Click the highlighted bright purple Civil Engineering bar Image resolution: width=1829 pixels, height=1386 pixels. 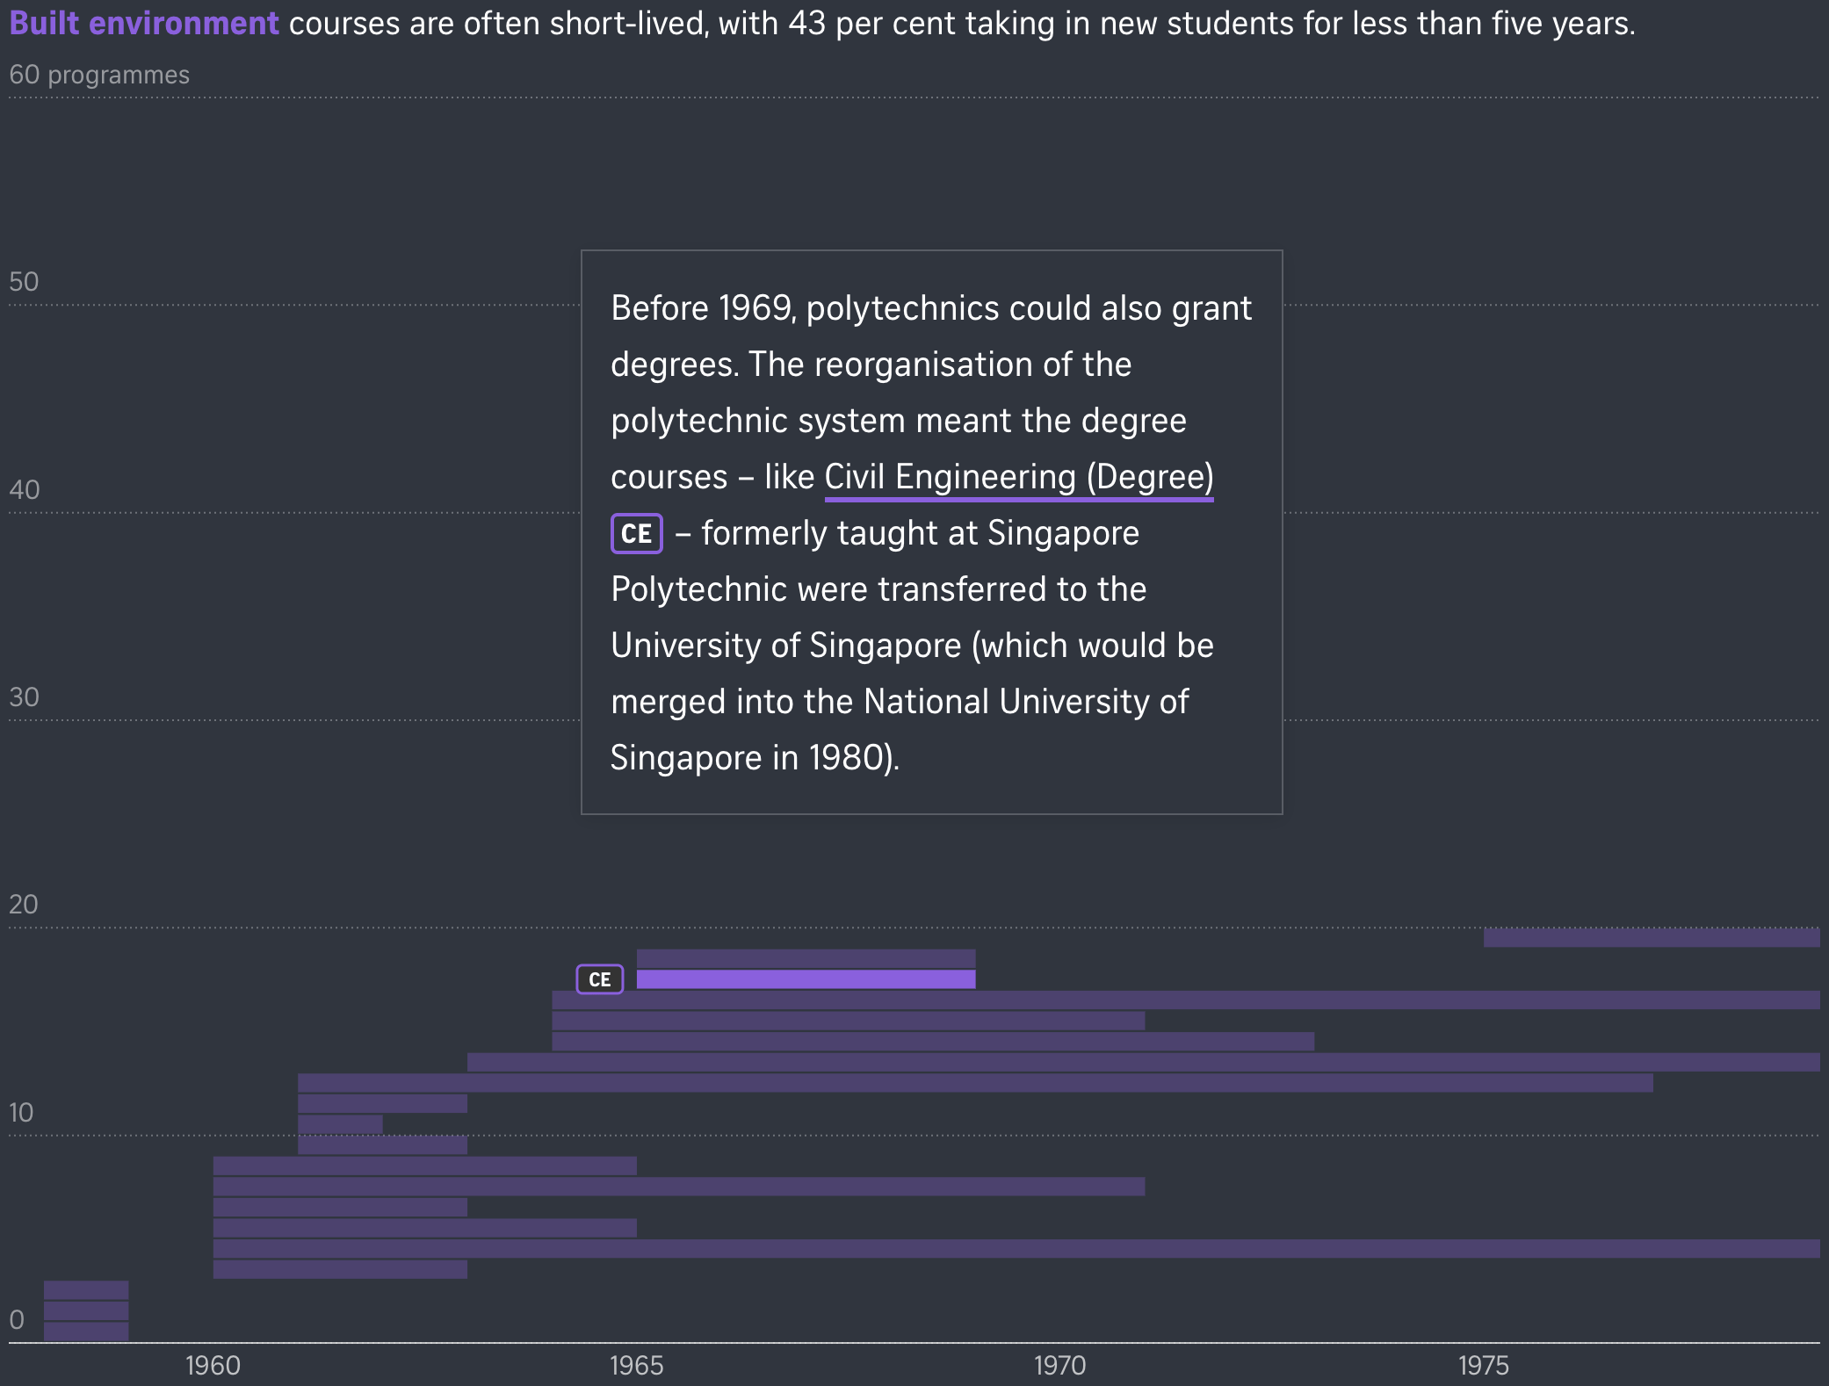click(806, 979)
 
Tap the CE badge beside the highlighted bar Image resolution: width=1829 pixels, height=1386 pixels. click(599, 979)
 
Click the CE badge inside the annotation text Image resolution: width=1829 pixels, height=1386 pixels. click(636, 533)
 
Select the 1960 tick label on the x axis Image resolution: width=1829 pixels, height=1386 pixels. click(213, 1365)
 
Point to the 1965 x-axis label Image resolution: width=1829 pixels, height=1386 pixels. click(636, 1365)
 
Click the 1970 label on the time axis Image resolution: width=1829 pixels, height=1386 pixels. click(1059, 1365)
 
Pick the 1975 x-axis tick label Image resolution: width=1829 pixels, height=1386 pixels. click(1483, 1365)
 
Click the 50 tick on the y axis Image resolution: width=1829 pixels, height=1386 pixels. click(24, 282)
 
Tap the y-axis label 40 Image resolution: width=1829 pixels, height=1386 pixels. click(24, 490)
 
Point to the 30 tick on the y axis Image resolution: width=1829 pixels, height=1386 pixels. click(24, 697)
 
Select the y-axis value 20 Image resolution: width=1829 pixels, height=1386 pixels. click(24, 905)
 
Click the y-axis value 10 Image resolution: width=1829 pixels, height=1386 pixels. click(21, 1113)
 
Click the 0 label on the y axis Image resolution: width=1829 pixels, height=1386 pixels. click(17, 1319)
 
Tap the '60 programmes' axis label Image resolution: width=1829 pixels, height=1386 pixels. click(99, 76)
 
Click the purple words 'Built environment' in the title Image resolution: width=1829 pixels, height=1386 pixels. click(144, 24)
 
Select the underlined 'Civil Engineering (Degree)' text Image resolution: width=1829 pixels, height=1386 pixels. click(1019, 477)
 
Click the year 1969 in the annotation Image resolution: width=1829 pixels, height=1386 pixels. click(755, 308)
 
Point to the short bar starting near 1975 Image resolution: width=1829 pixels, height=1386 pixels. click(1651, 938)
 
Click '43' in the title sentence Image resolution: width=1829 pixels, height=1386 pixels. click(806, 24)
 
